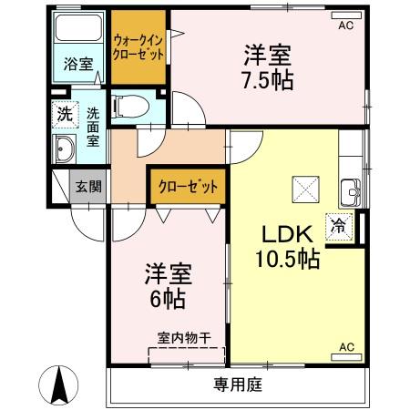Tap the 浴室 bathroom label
click(77, 65)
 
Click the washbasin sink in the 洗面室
click(65, 150)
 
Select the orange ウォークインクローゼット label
click(139, 46)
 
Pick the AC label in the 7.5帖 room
click(345, 26)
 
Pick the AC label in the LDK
click(346, 347)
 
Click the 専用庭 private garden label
click(239, 384)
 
